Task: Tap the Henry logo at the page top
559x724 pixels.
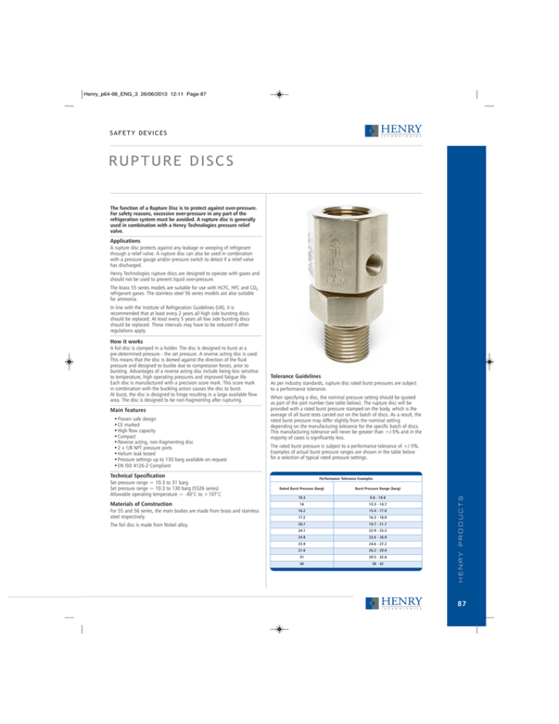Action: (393, 131)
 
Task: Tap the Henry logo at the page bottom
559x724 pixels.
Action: (394, 602)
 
